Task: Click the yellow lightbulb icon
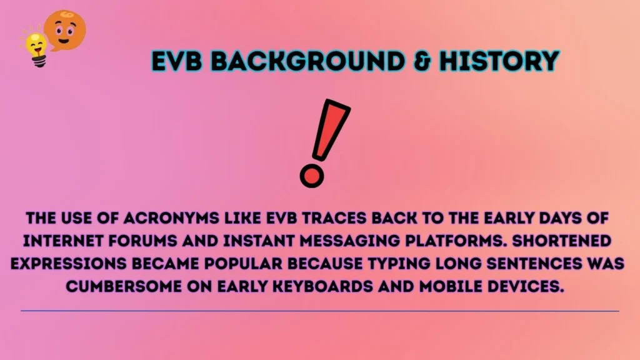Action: tap(35, 47)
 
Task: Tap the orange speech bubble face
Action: tap(66, 29)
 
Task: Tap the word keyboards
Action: tap(321, 286)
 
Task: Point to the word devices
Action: tap(521, 286)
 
